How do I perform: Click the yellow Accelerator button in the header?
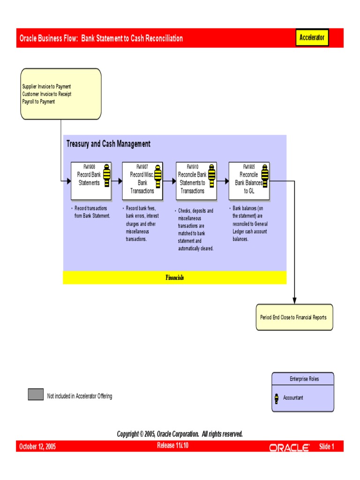[312, 38]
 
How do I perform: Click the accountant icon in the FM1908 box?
[107, 174]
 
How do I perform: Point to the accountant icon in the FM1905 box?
[265, 174]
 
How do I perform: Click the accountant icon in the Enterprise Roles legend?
[277, 398]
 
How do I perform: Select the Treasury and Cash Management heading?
[108, 144]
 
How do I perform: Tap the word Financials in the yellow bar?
[174, 277]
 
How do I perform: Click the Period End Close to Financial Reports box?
[294, 317]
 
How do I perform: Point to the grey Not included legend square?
[36, 395]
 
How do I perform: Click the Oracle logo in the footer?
[289, 448]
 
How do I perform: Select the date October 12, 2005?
[37, 447]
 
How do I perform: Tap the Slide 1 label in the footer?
[327, 447]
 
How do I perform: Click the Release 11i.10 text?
[173, 445]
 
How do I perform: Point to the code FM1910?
[192, 166]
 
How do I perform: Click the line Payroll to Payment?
[38, 101]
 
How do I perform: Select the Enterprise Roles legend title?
[303, 379]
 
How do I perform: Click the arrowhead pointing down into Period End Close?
[294, 300]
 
